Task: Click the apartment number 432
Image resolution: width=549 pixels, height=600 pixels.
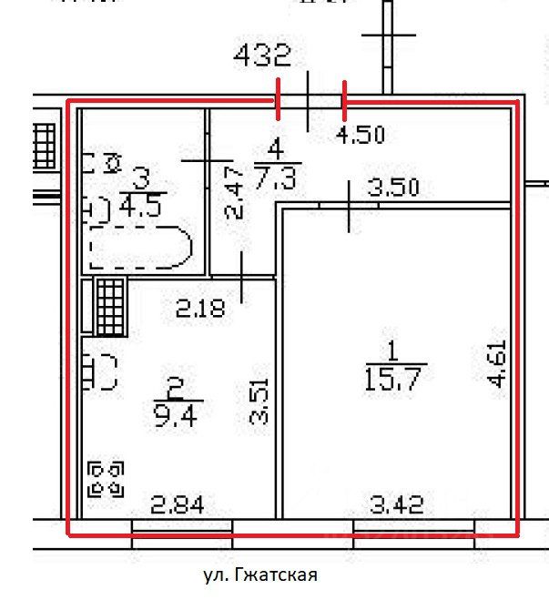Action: coord(262,57)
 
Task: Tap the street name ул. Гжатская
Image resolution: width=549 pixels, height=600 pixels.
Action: coord(259,575)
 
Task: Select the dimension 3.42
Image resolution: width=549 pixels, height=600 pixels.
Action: coord(398,503)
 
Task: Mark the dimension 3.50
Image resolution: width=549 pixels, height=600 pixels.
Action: coord(392,189)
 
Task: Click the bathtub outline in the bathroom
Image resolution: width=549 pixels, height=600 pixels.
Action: coord(141,249)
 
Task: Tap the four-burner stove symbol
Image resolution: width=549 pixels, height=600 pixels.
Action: coord(107,479)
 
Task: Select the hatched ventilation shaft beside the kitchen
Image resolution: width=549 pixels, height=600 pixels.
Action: coord(108,306)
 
